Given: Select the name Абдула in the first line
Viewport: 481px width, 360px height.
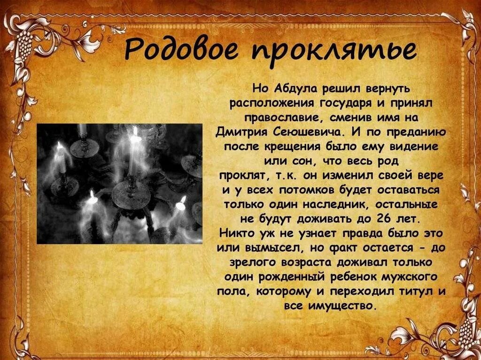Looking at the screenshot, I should (291, 88).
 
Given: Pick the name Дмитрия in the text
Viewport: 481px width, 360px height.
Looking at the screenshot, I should (241, 131).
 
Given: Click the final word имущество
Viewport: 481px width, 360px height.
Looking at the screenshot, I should (343, 306).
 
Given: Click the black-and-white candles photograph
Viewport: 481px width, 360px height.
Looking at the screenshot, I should (119, 183).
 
